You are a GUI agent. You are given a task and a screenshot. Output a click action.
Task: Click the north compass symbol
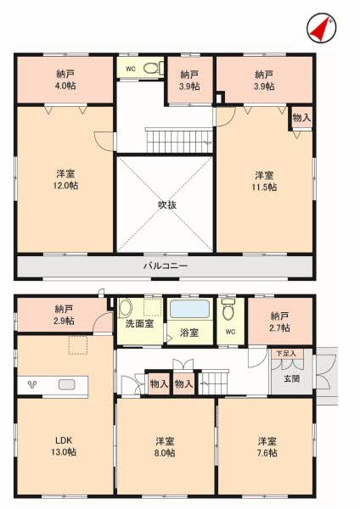pyautogui.click(x=321, y=28)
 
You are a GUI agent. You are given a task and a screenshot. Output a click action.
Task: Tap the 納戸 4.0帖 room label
pyautogui.click(x=65, y=80)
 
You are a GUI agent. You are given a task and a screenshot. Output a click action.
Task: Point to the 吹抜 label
pyautogui.click(x=167, y=204)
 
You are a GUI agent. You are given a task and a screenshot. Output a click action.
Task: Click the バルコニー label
pyautogui.click(x=166, y=266)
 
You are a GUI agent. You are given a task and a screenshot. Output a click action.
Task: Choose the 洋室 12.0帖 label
pyautogui.click(x=65, y=180)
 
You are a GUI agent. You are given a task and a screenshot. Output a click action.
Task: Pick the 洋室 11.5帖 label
pyautogui.click(x=264, y=182)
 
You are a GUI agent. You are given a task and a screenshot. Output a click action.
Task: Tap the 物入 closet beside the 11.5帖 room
pyautogui.click(x=301, y=118)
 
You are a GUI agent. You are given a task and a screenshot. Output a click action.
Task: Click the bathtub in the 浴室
pyautogui.click(x=189, y=309)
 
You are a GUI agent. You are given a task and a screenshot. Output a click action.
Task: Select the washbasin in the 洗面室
pyautogui.click(x=125, y=308)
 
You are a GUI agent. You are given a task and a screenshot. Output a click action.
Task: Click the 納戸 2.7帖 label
pyautogui.click(x=279, y=322)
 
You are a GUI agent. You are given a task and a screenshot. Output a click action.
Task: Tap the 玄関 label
pyautogui.click(x=291, y=378)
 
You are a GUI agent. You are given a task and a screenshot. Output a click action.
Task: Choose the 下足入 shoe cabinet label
pyautogui.click(x=286, y=354)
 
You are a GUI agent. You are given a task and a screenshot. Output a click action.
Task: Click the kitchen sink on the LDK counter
pyautogui.click(x=67, y=384)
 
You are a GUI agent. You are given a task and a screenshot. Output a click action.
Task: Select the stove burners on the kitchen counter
pyautogui.click(x=32, y=384)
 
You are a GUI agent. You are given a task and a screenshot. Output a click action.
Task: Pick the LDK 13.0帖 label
pyautogui.click(x=64, y=446)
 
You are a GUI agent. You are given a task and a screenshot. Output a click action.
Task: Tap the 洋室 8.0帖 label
pyautogui.click(x=165, y=447)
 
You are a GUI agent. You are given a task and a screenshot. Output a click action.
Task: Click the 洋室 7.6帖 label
pyautogui.click(x=267, y=447)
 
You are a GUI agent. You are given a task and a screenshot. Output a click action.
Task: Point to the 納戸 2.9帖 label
pyautogui.click(x=64, y=315)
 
